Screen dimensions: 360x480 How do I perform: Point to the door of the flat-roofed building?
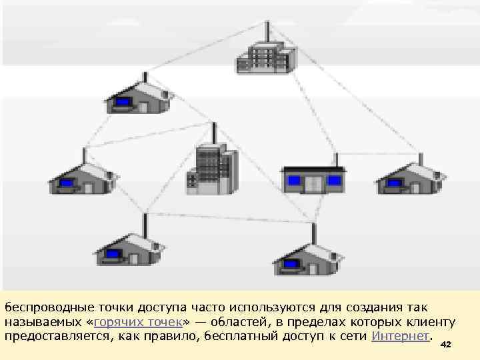[x=313, y=183]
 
